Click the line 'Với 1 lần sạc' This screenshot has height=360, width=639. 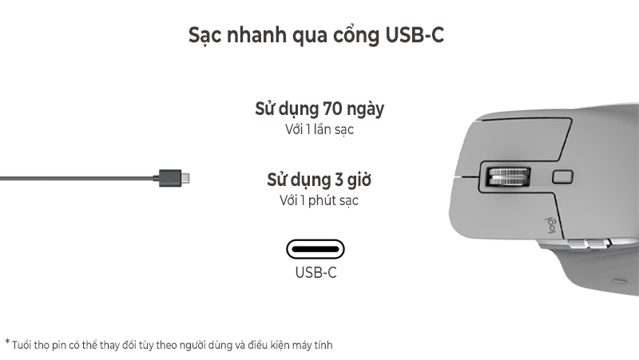(319, 129)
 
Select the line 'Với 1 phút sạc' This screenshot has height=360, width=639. (319, 200)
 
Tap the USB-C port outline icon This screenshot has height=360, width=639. (316, 249)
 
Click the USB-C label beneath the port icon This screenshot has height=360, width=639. (316, 273)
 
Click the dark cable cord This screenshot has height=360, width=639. (72, 176)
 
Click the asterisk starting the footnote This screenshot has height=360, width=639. (7, 343)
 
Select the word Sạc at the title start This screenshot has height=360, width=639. (205, 36)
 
